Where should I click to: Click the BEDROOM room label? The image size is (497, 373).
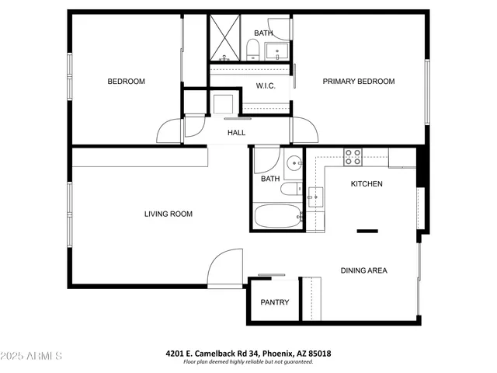click(126, 82)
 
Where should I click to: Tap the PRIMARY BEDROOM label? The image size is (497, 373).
click(359, 82)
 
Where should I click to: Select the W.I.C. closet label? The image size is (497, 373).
click(266, 86)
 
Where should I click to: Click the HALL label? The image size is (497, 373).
click(236, 133)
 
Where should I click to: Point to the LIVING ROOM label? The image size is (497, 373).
click(169, 214)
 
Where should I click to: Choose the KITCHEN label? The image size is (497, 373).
click(367, 184)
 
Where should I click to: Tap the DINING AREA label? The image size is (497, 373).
click(363, 270)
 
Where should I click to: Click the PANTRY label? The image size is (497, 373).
click(275, 302)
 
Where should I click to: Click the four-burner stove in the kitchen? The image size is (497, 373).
click(353, 156)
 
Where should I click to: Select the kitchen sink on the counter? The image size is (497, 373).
click(316, 197)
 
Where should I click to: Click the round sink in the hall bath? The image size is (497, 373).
click(293, 163)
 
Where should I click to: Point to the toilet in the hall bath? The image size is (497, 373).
click(290, 190)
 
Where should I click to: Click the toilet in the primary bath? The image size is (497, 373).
click(252, 51)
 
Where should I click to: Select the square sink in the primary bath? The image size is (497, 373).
click(276, 52)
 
